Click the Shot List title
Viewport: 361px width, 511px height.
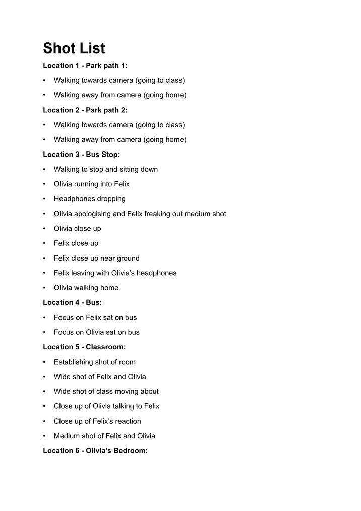click(x=74, y=48)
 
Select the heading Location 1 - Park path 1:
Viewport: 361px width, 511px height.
click(x=85, y=66)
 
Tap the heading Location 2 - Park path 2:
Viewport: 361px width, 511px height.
click(x=85, y=110)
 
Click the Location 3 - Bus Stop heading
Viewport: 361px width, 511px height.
click(x=81, y=155)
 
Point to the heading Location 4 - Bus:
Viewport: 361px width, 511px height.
click(x=72, y=302)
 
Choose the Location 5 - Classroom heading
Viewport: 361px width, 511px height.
click(x=84, y=347)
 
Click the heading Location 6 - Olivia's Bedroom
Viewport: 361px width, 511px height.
click(x=95, y=451)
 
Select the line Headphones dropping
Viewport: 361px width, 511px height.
click(x=90, y=199)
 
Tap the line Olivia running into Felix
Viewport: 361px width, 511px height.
click(x=92, y=184)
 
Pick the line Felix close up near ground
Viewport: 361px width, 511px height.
click(x=97, y=258)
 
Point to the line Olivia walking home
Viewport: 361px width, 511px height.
click(x=86, y=288)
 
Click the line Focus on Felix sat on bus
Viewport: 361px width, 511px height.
click(x=95, y=318)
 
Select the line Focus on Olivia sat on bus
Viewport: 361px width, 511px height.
click(x=97, y=332)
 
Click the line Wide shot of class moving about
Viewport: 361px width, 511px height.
click(x=106, y=391)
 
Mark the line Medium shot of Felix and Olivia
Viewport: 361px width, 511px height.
click(x=104, y=436)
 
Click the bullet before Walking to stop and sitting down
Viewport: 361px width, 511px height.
click(x=44, y=170)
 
